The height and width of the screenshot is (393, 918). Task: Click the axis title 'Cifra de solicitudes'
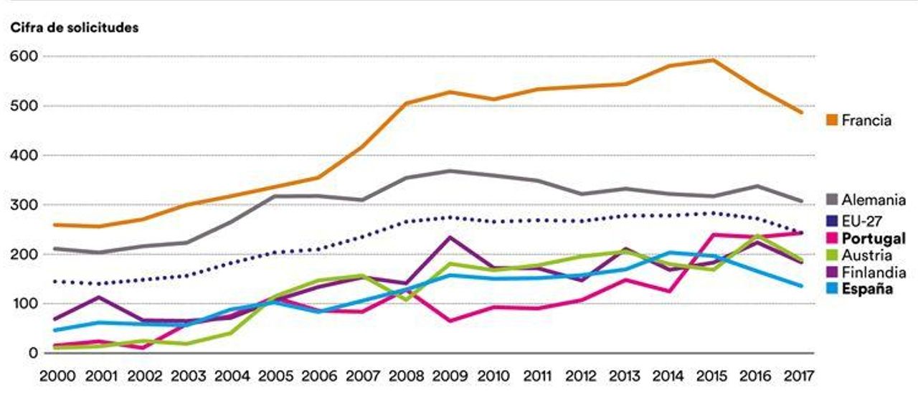[74, 28]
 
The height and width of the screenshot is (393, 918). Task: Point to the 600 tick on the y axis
[24, 56]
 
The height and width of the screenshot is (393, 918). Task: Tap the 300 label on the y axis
[24, 205]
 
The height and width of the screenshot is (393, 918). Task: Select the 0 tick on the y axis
[32, 353]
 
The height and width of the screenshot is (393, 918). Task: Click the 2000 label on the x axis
[58, 375]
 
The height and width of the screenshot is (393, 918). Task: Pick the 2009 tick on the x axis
[450, 375]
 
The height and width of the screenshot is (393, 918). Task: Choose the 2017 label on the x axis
[799, 375]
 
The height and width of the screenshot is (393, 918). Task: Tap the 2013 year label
[625, 375]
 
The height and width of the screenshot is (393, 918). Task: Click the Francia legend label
[867, 120]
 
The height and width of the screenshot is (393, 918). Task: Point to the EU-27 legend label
[863, 221]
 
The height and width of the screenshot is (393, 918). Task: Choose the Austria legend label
[868, 255]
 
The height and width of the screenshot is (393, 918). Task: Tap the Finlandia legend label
[874, 273]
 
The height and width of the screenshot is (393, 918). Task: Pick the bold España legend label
[868, 290]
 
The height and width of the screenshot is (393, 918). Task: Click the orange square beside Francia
[833, 120]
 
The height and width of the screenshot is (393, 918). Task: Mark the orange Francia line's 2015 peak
[712, 60]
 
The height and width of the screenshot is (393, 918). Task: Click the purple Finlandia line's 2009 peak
[450, 237]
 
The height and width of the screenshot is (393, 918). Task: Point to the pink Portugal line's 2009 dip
[450, 321]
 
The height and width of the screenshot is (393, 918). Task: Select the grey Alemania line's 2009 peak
[450, 171]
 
